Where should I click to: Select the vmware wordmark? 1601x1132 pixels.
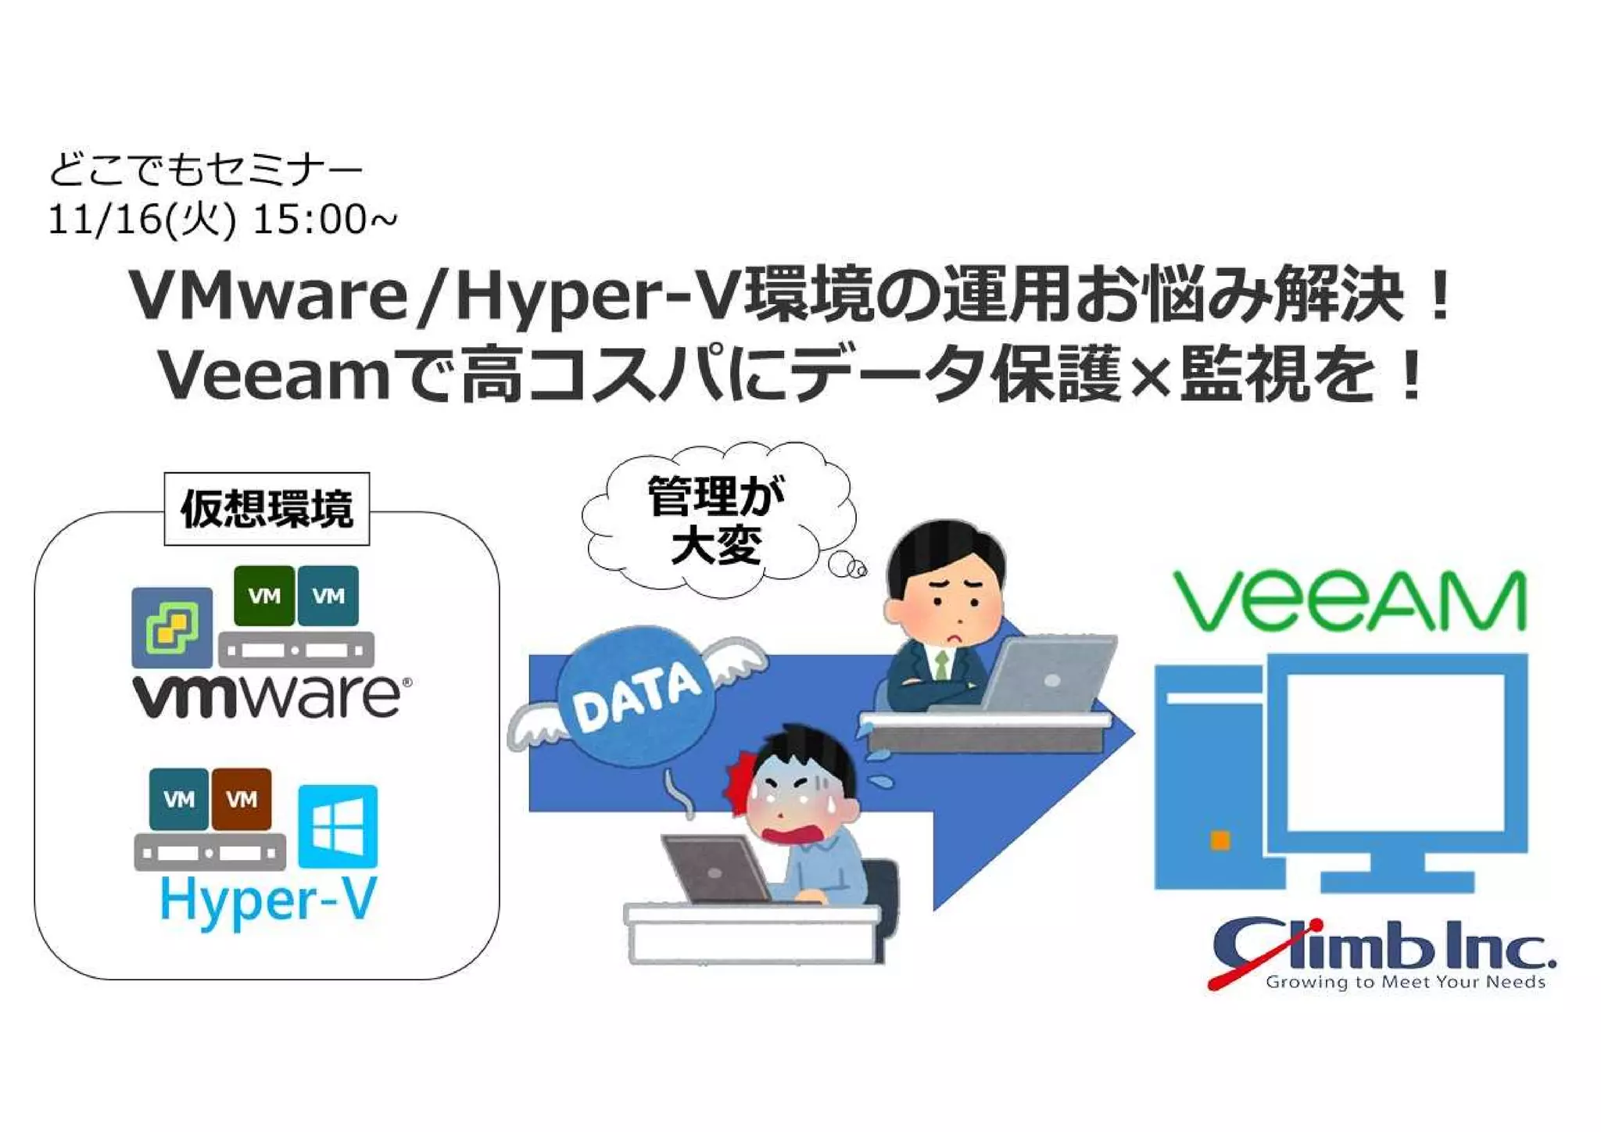tap(270, 696)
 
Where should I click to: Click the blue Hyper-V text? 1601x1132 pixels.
tap(268, 901)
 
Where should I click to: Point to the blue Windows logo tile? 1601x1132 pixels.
tap(338, 826)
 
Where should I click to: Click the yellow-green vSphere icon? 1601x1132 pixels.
tap(172, 627)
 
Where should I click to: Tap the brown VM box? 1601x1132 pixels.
tap(242, 799)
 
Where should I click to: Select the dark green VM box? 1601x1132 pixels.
tap(264, 596)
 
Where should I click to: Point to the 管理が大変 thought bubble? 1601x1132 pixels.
tap(716, 519)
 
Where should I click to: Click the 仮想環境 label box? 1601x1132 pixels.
tap(267, 509)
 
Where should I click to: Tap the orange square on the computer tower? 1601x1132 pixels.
tap(1220, 841)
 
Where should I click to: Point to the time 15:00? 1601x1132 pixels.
tap(310, 220)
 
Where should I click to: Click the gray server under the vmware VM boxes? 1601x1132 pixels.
tap(296, 650)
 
